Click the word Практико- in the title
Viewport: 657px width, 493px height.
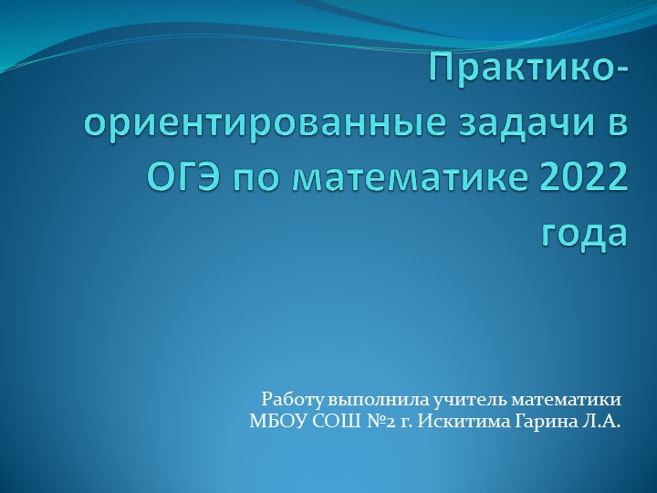529,69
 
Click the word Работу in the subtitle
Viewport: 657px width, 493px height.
287,399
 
